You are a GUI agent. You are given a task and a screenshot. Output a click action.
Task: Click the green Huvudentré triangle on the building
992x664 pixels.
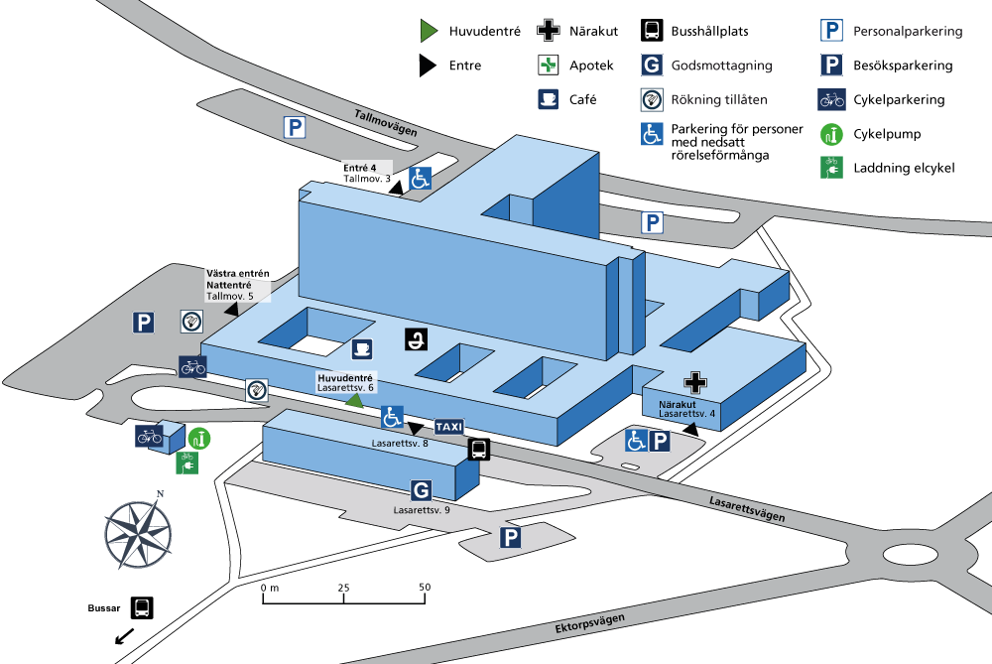354,401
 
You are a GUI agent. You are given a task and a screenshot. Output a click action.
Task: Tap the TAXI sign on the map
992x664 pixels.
449,427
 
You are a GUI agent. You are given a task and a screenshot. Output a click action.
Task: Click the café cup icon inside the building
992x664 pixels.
362,348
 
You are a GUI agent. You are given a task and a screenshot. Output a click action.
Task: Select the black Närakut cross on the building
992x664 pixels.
695,383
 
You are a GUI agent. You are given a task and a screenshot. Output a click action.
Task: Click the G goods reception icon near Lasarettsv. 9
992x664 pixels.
422,490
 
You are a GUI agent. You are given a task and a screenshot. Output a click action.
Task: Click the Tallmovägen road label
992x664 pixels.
386,123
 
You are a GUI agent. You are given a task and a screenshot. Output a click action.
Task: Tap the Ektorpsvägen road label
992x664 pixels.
589,623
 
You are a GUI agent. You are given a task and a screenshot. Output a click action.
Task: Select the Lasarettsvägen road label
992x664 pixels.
747,509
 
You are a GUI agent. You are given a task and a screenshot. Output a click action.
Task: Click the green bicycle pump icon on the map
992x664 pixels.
199,438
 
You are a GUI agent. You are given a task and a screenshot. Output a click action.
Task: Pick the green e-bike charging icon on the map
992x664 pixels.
186,463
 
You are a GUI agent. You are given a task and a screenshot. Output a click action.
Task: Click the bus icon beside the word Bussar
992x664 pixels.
142,607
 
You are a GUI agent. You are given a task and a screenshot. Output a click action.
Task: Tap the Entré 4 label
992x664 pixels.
359,168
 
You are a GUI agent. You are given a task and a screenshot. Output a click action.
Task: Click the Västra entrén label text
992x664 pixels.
238,274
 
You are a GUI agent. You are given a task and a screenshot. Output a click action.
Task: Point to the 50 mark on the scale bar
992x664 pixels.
425,587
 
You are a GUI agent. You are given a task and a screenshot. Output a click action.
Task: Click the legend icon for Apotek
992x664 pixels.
548,65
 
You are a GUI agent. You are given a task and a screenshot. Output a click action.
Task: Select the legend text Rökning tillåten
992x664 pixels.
719,99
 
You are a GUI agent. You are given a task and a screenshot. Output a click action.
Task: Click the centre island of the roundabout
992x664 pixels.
911,555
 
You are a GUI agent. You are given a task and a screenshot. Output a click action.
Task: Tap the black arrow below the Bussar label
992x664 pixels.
125,635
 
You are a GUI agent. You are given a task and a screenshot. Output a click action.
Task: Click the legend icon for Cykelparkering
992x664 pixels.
831,99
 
